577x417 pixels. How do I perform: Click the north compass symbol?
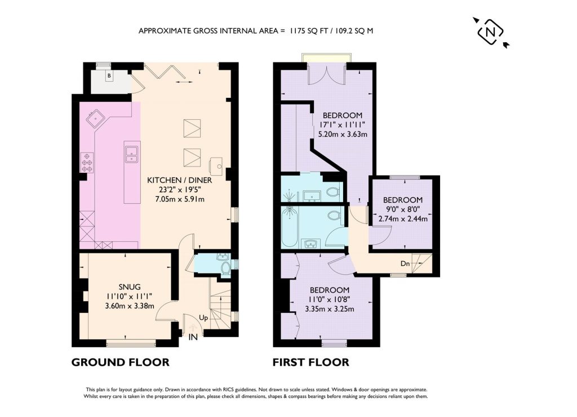tap(490, 32)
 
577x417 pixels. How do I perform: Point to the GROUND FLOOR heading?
tap(120, 362)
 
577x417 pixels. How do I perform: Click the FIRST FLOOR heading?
tap(310, 362)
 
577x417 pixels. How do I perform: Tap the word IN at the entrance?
tap(193, 337)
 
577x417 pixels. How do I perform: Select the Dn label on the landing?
tap(405, 263)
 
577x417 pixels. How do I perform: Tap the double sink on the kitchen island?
tap(132, 154)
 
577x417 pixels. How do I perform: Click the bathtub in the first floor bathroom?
tap(290, 225)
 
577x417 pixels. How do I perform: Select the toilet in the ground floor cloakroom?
tap(225, 266)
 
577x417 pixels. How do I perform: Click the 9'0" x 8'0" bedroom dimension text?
tap(403, 209)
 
